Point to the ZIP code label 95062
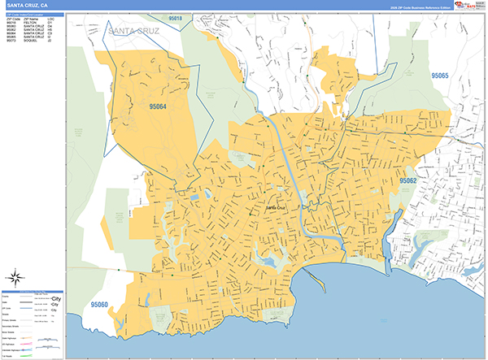tap(407, 180)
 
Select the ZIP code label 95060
tap(100, 305)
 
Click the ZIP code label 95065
tap(439, 76)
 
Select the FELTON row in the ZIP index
tap(33, 23)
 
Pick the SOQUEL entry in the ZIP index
tap(33, 40)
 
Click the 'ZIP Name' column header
tap(32, 19)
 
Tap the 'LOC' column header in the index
tap(51, 19)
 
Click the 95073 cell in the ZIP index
tap(11, 40)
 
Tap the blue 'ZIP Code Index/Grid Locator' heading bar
tap(33, 14)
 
